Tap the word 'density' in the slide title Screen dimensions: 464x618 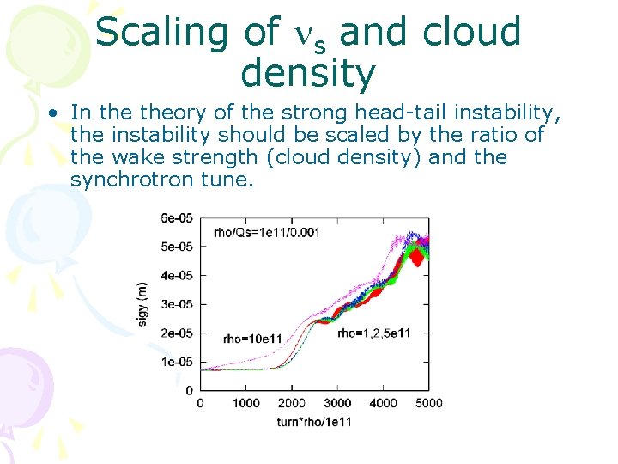[308, 74]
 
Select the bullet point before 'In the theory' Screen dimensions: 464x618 [53, 113]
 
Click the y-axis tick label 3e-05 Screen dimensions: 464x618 [177, 303]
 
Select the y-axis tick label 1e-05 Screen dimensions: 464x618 [177, 362]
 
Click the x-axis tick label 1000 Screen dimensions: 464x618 [245, 403]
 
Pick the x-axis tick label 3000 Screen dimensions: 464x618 [337, 403]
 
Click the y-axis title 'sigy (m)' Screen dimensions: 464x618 [143, 304]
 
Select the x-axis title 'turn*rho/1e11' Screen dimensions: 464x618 [314, 421]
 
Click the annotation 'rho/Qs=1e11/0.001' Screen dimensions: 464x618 [266, 233]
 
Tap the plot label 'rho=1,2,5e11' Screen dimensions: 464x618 [373, 333]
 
